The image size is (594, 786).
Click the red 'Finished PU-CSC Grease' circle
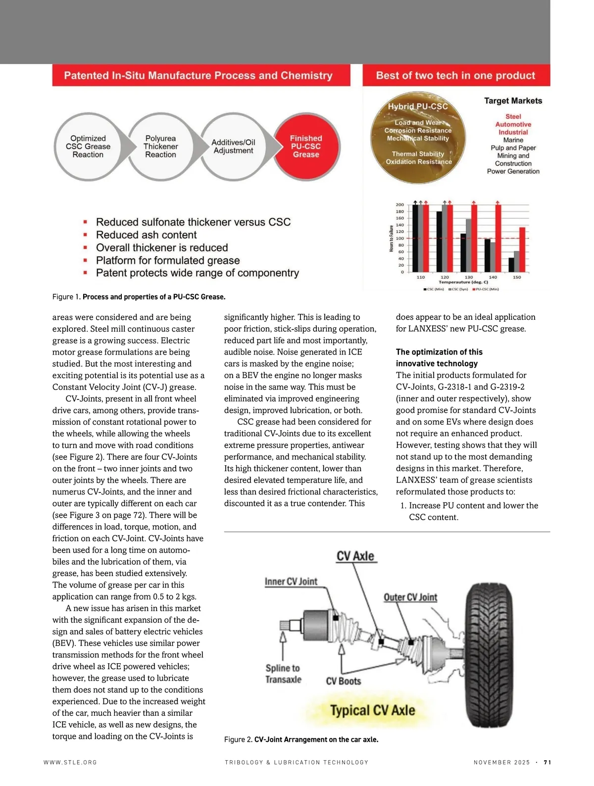[306, 147]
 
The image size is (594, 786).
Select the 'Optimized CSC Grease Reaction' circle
[88, 147]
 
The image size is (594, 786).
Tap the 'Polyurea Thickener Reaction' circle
[160, 147]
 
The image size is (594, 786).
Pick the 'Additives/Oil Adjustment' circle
[233, 147]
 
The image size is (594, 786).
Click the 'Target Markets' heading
[513, 101]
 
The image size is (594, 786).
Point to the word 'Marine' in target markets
[513, 140]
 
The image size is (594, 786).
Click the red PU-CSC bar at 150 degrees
[522, 249]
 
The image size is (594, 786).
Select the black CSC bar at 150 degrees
[511, 265]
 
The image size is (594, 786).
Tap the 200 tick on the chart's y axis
[399, 205]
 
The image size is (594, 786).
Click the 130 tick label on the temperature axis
[469, 277]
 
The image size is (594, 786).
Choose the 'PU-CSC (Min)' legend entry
[486, 289]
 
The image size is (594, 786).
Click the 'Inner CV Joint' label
[291, 582]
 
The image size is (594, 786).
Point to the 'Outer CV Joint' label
[410, 597]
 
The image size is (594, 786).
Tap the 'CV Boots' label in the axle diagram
[344, 682]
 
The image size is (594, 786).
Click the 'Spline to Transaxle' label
[283, 674]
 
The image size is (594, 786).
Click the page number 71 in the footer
[547, 762]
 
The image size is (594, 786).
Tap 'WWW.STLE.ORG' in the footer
[70, 762]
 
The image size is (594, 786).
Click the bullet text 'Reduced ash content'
[146, 235]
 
